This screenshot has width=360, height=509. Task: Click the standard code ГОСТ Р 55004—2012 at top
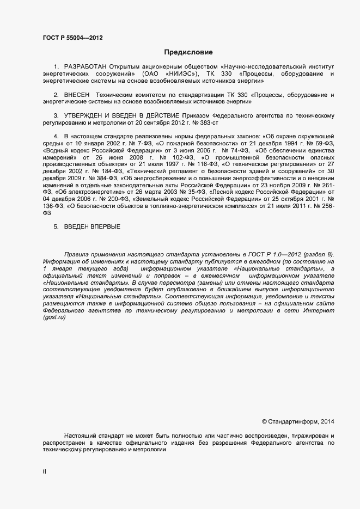72,38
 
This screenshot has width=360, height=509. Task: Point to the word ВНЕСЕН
76,95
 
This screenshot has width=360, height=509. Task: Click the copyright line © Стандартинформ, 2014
298,421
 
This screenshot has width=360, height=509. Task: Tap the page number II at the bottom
44,472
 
